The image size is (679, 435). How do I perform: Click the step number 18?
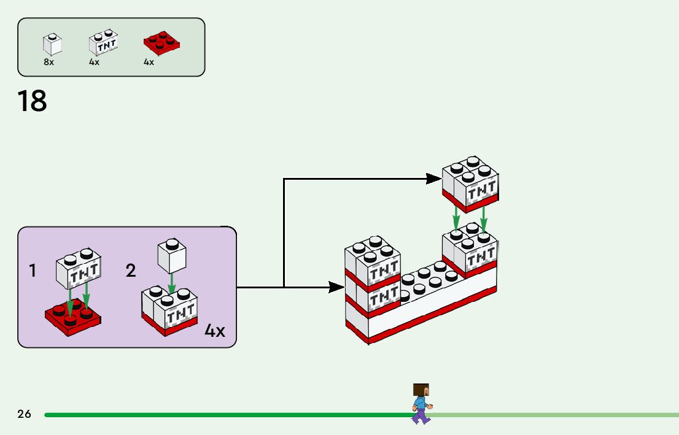(x=32, y=101)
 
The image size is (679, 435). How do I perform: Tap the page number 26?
(x=24, y=414)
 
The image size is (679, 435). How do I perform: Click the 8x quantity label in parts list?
(x=49, y=62)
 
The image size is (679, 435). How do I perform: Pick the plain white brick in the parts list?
(x=52, y=43)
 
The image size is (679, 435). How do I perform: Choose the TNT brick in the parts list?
(x=103, y=43)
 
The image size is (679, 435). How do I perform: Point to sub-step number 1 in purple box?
(x=32, y=271)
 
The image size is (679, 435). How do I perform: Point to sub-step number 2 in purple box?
(x=130, y=271)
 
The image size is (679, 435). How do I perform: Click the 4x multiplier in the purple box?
(x=215, y=331)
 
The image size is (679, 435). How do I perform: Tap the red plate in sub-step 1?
(x=73, y=315)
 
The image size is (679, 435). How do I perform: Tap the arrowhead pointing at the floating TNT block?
(x=434, y=179)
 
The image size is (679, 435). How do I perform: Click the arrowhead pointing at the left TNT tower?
(x=336, y=287)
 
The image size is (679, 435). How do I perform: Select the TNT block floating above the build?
(x=470, y=183)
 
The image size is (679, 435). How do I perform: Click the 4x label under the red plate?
(x=149, y=62)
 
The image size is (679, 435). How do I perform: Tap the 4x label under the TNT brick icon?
(x=94, y=62)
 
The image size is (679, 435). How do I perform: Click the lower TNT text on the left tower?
(x=384, y=297)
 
